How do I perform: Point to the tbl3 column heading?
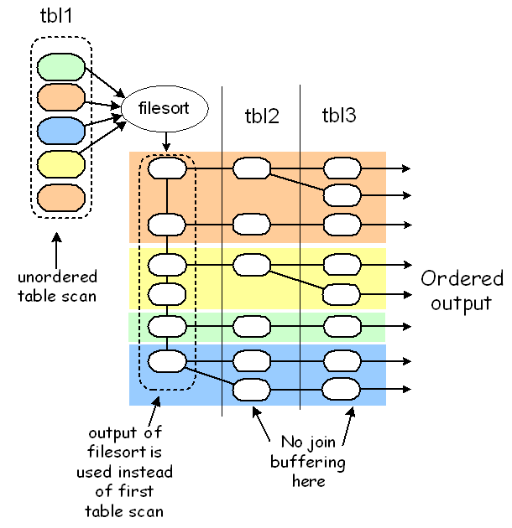[x=339, y=116]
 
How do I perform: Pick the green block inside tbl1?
[x=61, y=67]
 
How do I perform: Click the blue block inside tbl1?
[x=61, y=132]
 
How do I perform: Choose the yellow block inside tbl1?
[x=61, y=164]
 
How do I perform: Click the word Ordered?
[x=462, y=279]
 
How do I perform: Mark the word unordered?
[x=56, y=277]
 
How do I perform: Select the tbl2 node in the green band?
[x=251, y=325]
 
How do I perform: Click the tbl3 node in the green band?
[x=342, y=325]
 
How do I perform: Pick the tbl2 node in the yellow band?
[x=251, y=265]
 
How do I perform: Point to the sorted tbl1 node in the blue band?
[x=166, y=361]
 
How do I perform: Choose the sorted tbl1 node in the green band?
[x=166, y=325]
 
